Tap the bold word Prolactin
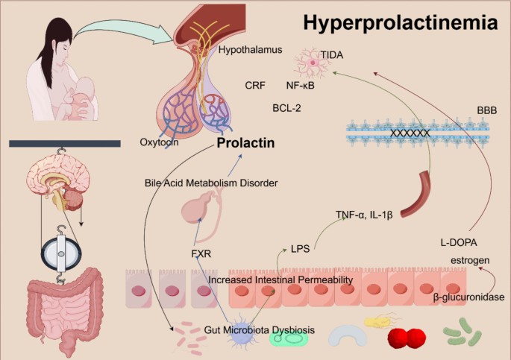click(x=247, y=142)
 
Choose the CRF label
click(x=254, y=86)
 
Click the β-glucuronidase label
click(x=469, y=297)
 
